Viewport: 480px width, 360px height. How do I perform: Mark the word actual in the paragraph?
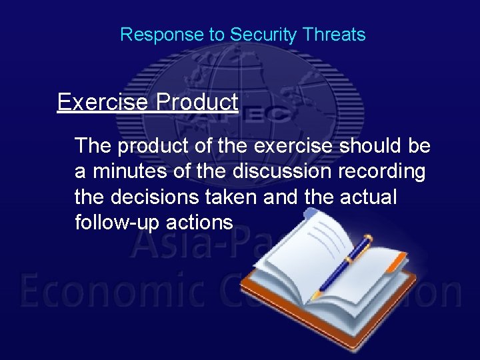(369, 197)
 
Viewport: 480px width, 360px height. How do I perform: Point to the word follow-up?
(115, 222)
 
